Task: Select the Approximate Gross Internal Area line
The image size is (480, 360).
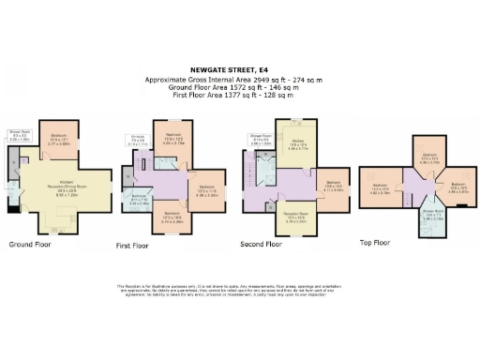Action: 239,81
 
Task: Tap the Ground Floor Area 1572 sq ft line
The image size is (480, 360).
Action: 239,88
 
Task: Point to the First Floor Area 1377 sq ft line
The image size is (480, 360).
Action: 239,96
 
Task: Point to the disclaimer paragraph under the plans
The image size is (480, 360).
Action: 239,292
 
